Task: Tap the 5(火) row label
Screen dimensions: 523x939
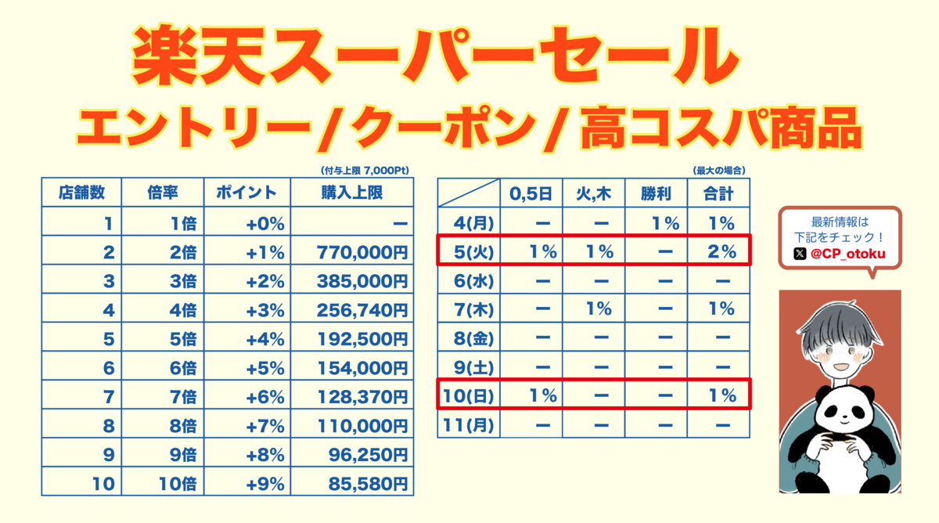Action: click(466, 252)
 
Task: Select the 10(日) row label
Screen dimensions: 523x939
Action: click(466, 395)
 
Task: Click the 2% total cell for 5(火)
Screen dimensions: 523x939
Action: click(718, 252)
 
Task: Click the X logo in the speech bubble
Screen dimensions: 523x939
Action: click(799, 253)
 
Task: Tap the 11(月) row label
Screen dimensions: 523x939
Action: click(466, 424)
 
